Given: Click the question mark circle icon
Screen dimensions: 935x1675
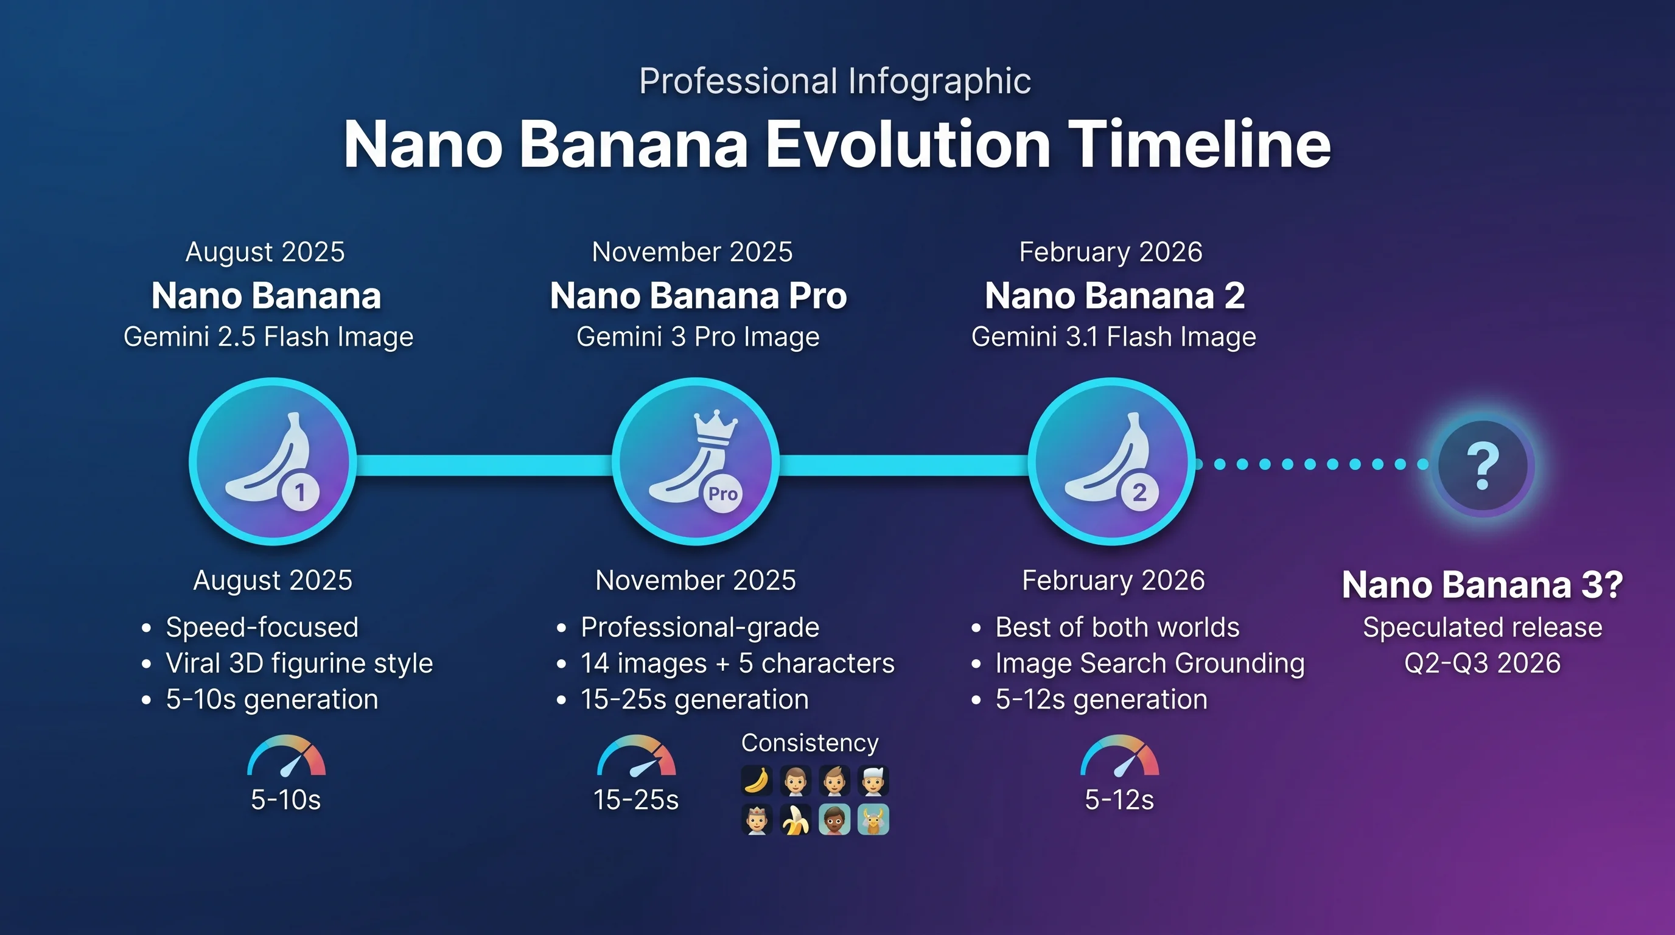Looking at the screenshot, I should (x=1483, y=466).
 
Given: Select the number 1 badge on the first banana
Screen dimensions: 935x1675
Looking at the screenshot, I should (x=301, y=492).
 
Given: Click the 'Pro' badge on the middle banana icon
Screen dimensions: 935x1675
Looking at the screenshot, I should (x=722, y=494).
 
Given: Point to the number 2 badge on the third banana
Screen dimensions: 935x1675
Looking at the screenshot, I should (x=1139, y=492).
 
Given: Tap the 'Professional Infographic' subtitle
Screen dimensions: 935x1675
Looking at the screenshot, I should (x=835, y=82).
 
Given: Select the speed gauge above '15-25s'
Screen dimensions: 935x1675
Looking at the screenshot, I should (x=637, y=757).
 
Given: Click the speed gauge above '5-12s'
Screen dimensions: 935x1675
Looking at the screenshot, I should (x=1119, y=757).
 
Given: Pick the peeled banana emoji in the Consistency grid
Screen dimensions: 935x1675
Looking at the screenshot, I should (x=796, y=820).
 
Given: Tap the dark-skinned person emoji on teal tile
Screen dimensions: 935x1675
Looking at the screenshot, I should (x=834, y=820).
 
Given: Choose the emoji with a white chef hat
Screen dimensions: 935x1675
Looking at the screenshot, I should (x=873, y=781).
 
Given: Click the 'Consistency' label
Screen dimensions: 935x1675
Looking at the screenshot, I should (x=810, y=743).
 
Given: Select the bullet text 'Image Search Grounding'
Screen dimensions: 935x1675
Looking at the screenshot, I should (x=1150, y=664).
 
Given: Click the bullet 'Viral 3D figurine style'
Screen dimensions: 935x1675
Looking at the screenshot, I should (x=299, y=664).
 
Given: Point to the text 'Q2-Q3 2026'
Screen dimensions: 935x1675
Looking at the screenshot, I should (x=1482, y=664).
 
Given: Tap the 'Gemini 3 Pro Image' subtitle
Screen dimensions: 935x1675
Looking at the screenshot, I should (x=698, y=337).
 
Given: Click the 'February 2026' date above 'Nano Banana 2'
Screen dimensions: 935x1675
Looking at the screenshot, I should (x=1111, y=252).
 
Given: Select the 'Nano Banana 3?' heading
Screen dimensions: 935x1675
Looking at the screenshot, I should (x=1482, y=584).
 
